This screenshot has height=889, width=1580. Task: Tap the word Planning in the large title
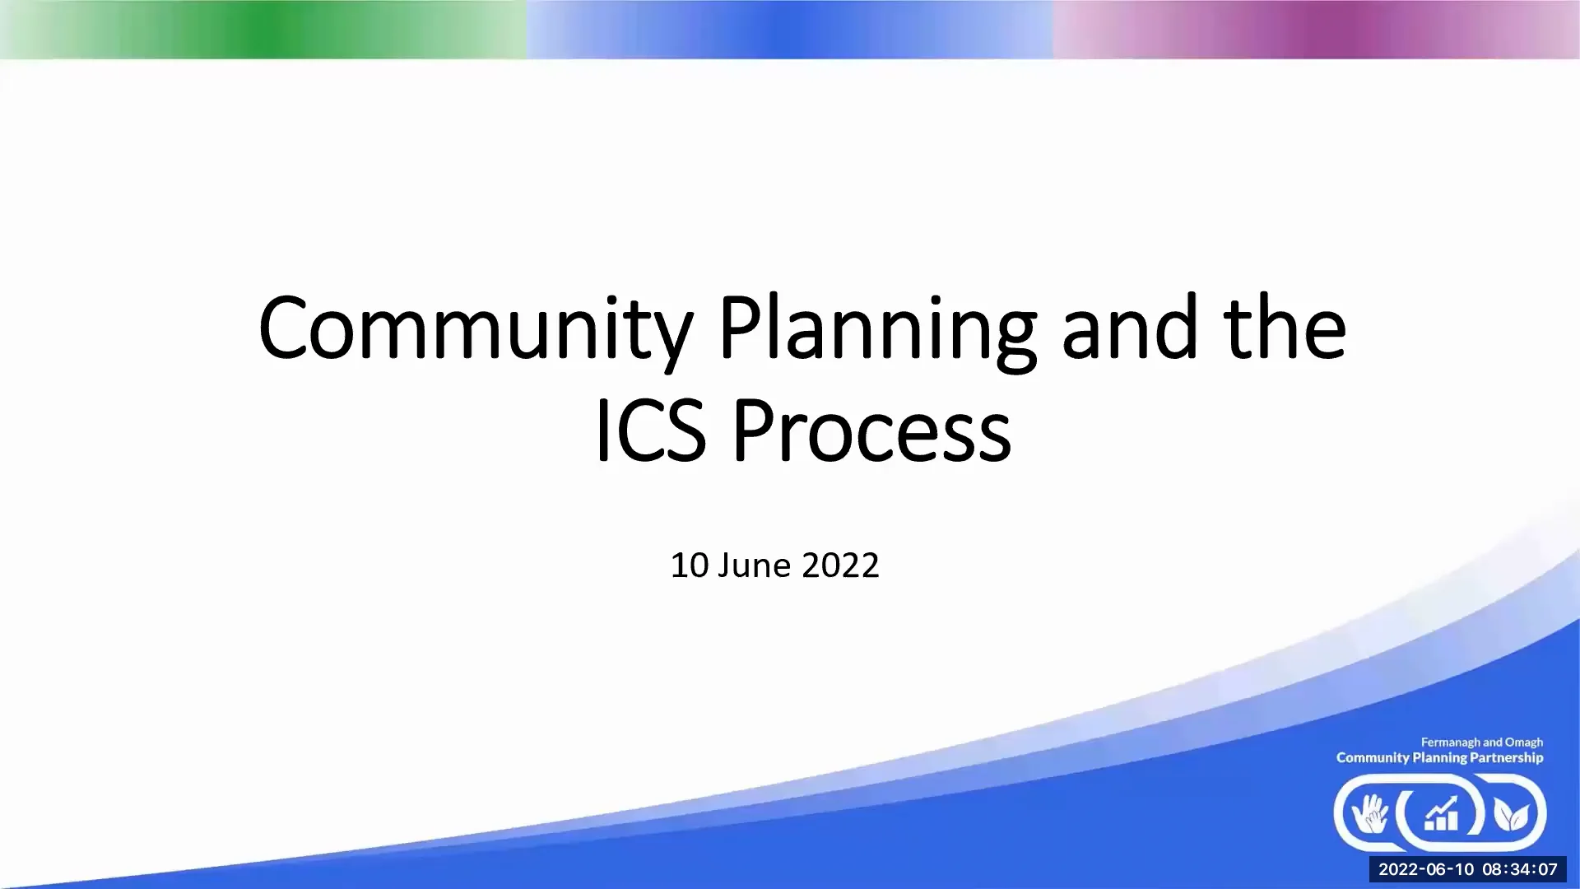coord(877,329)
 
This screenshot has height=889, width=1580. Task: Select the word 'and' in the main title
coord(1129,329)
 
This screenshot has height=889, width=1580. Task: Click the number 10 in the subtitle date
coord(689,566)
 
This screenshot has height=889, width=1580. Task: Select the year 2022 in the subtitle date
coord(840,566)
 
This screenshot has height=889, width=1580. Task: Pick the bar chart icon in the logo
coord(1441,814)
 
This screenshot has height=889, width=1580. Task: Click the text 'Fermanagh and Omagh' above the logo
coord(1481,742)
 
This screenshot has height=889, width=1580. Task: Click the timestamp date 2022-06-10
coord(1426,869)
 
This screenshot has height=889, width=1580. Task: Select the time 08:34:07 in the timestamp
coord(1520,869)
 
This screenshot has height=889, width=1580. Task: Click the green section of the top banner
coord(263,30)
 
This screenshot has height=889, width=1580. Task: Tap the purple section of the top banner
coord(1317,30)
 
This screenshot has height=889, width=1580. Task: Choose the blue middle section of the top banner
coord(790,30)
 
